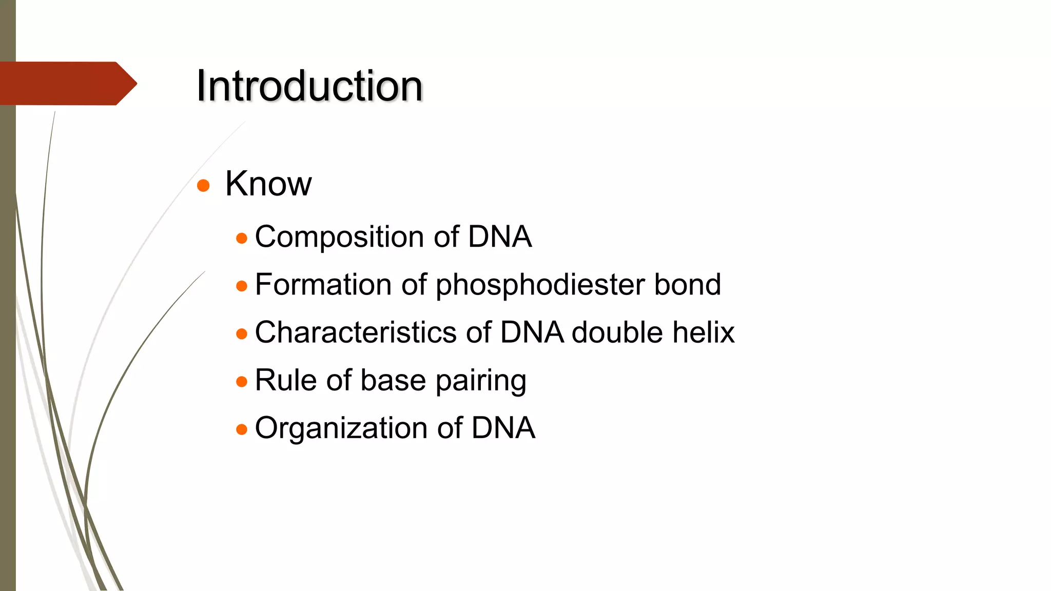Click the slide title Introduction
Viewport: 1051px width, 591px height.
(309, 86)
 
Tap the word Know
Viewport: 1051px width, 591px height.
(268, 184)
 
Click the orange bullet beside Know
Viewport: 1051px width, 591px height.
(203, 186)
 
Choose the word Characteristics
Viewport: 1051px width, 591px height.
(355, 332)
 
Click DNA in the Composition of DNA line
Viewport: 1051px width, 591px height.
(499, 237)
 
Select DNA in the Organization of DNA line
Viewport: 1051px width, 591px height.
(503, 428)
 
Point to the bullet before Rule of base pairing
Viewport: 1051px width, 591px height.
(242, 382)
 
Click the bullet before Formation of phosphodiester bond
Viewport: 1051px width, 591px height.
(242, 286)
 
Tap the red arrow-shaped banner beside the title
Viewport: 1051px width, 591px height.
(67, 84)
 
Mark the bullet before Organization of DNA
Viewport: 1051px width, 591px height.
(242, 429)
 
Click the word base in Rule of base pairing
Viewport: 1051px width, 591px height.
(393, 380)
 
